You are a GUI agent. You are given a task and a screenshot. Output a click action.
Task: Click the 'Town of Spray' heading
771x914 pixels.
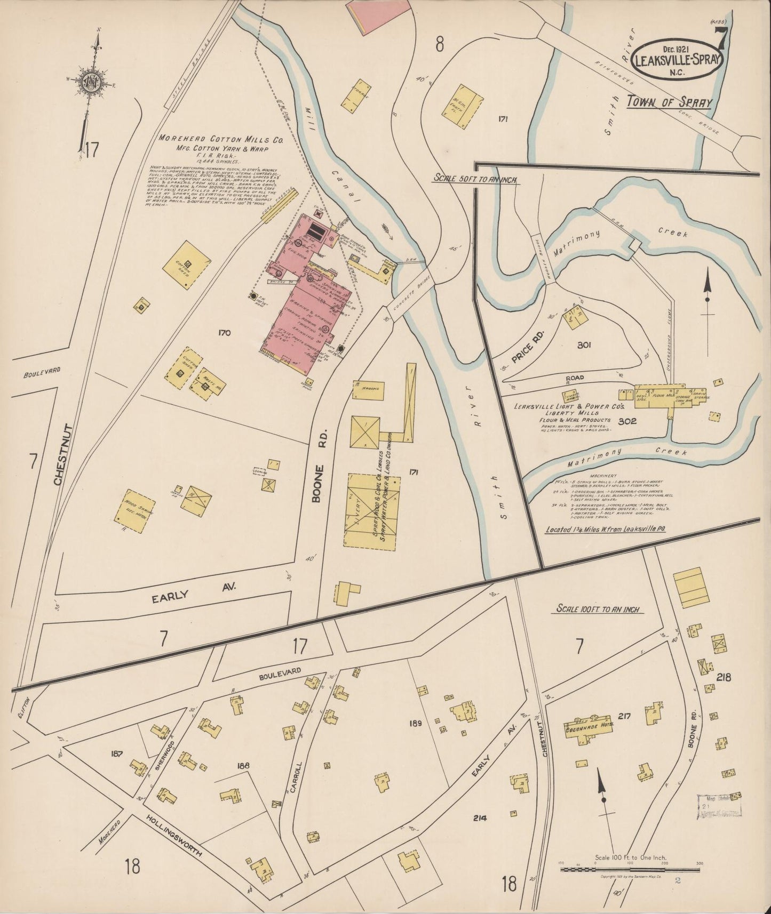669,101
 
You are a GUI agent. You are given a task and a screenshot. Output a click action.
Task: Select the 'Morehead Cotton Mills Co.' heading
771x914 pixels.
220,139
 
